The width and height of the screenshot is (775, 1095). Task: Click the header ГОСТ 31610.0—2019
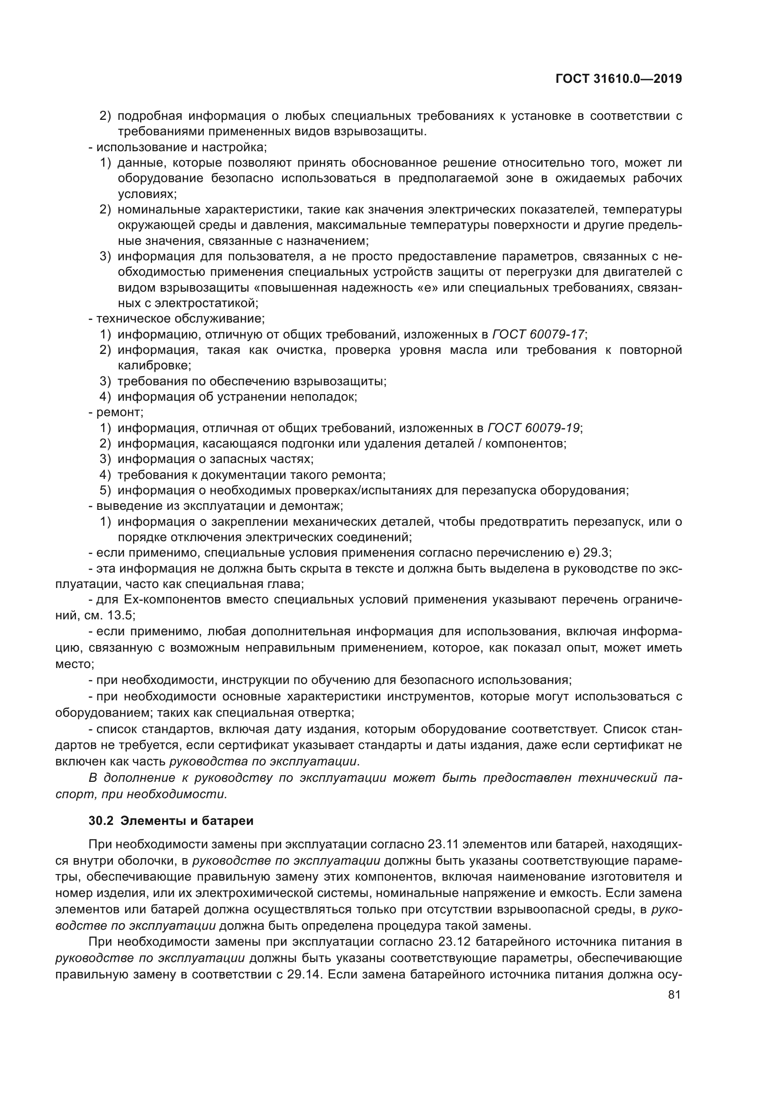pyautogui.click(x=619, y=79)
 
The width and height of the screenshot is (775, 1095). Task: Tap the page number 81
pyautogui.click(x=674, y=994)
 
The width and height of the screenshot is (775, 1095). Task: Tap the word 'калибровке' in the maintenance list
pyautogui.click(x=154, y=365)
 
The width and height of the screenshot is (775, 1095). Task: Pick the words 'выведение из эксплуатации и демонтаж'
pyautogui.click(x=219, y=506)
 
